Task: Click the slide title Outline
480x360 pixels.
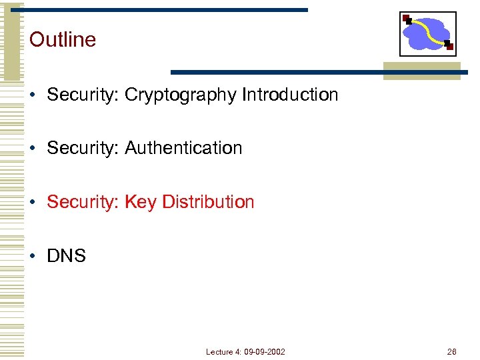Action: [63, 39]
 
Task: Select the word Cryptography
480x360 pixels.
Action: [180, 95]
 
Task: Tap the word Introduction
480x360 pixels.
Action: [290, 95]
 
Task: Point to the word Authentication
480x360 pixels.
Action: [183, 147]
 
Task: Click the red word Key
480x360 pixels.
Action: [140, 202]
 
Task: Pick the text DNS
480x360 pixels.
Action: [67, 255]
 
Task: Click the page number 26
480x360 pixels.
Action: [452, 351]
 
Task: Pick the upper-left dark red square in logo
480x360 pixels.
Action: [406, 18]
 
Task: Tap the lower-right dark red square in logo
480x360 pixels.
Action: [450, 47]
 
